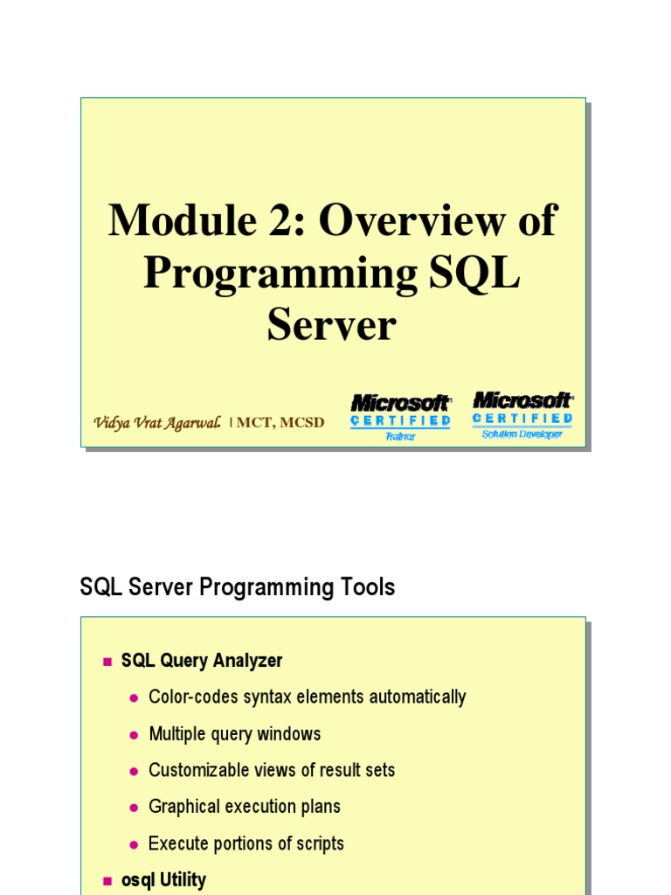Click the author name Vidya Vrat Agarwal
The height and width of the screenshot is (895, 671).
157,422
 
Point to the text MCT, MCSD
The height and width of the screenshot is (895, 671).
280,423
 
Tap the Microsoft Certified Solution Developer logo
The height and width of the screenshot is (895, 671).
522,414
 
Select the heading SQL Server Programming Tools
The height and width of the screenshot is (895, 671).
237,587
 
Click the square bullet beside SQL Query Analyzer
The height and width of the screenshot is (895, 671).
107,662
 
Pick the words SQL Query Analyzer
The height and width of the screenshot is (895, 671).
202,661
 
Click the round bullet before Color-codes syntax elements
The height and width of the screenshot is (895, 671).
134,698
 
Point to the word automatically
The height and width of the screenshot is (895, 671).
416,697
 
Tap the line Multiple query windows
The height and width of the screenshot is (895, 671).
234,734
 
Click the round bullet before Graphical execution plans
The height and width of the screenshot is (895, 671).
134,808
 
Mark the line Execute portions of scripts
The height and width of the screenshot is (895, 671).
246,844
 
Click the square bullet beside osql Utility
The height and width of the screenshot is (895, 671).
107,881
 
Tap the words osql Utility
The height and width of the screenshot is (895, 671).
163,880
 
